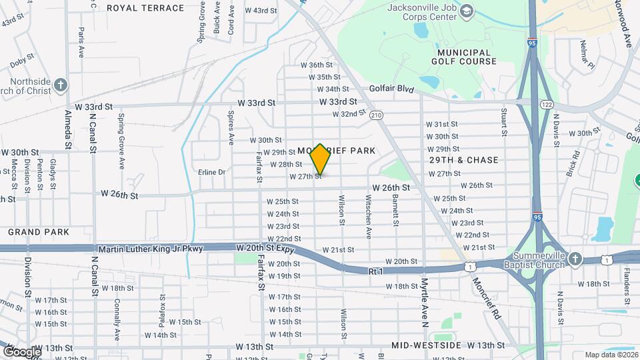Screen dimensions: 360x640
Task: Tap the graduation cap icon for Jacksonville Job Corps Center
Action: click(467, 10)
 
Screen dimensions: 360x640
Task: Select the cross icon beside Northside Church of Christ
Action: click(61, 85)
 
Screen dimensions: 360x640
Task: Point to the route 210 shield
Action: click(377, 115)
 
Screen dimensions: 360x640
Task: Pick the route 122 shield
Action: click(547, 105)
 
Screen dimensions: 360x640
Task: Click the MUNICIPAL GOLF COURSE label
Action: click(467, 57)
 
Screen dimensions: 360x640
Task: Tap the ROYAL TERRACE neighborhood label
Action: click(145, 8)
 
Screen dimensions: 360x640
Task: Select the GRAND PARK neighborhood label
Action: click(39, 232)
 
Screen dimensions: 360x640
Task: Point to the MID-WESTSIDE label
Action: click(427, 345)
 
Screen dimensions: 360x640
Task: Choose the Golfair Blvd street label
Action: click(392, 89)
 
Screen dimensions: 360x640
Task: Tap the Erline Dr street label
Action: click(212, 172)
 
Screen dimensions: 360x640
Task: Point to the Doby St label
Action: click(22, 61)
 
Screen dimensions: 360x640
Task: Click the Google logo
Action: click(21, 351)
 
